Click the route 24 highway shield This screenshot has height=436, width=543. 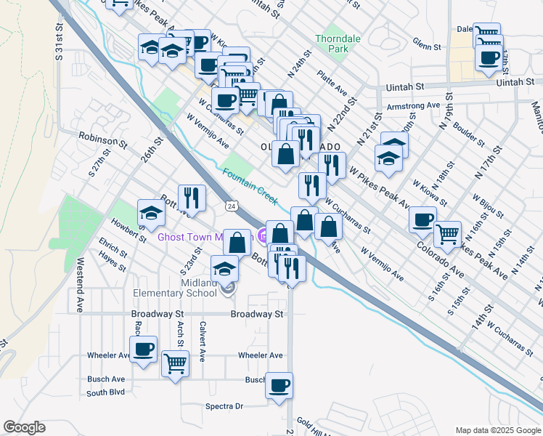coord(231,206)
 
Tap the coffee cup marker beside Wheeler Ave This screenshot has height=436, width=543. coord(144,347)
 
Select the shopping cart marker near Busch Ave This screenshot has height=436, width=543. coord(175,363)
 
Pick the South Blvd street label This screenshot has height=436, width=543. coord(105,392)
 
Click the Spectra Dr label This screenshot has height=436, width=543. coord(224,406)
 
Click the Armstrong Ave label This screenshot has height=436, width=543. coord(414,105)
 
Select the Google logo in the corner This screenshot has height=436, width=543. coord(24,427)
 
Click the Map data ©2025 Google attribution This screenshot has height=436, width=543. coord(497,430)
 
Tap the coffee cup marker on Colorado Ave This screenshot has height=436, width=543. coord(422,219)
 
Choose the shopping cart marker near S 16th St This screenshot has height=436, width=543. coord(447,233)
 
